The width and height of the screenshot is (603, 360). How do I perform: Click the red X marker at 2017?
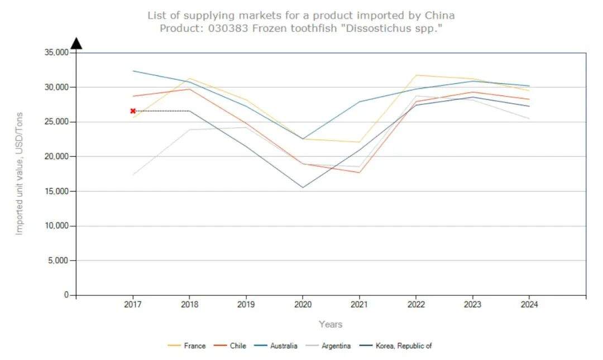pos(133,111)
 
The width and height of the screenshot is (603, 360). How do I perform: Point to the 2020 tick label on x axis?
pos(302,305)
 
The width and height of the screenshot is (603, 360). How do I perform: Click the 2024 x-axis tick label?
pos(529,305)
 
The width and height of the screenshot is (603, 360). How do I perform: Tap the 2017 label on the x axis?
pos(133,305)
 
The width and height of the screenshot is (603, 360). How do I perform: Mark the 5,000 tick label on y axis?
pos(58,261)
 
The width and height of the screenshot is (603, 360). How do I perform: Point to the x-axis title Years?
pos(331,324)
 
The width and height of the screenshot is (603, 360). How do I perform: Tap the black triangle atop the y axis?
pos(76,44)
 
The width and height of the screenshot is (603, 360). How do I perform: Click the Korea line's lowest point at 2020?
pos(302,188)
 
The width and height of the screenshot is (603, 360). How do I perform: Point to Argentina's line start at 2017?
pos(133,175)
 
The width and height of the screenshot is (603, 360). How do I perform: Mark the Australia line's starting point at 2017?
pos(133,71)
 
